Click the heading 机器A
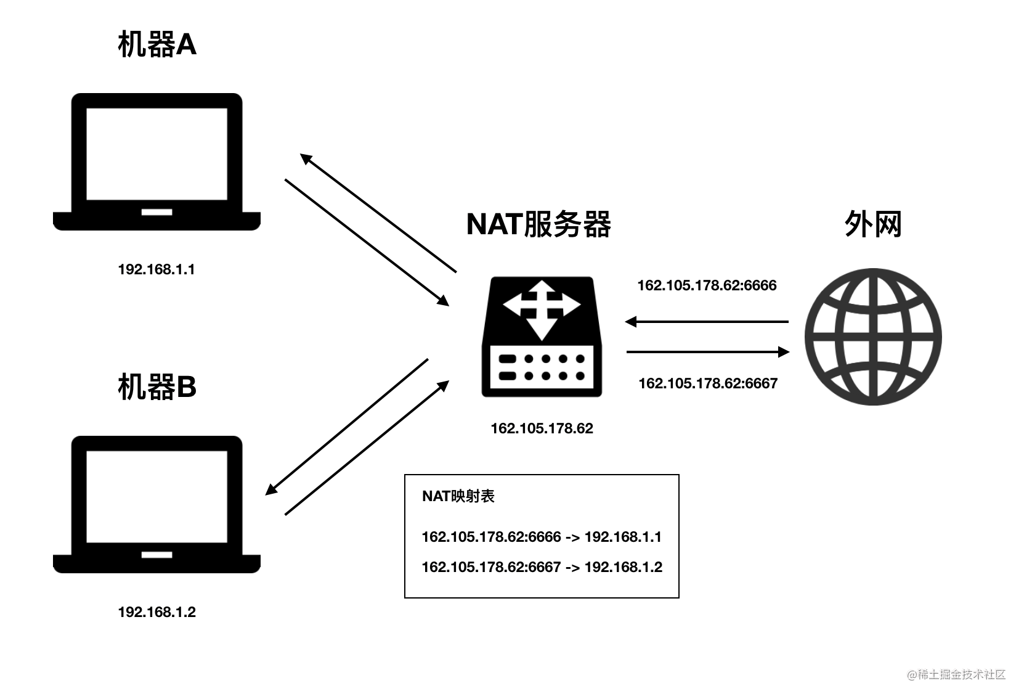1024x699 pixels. pos(157,45)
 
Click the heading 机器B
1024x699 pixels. pos(157,387)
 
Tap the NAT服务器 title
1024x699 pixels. pos(538,224)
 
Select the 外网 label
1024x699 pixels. pos(872,224)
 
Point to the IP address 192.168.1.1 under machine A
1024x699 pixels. pos(156,269)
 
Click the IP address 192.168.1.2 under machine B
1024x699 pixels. pos(156,612)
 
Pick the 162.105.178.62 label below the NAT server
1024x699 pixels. pos(542,428)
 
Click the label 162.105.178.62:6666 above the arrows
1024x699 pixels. pos(707,285)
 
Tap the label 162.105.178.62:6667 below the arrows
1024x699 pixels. pos(708,383)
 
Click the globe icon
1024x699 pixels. pos(873,337)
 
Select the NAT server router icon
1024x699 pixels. pos(542,337)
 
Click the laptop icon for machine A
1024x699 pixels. pos(156,161)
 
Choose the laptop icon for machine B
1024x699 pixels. pos(156,504)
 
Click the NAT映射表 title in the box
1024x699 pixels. pos(458,496)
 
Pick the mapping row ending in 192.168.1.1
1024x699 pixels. pos(542,537)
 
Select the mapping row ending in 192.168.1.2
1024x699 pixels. pos(542,567)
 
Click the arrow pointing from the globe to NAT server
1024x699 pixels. pos(707,321)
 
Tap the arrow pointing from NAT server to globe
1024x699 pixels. pos(708,352)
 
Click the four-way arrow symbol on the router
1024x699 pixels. pos(541,309)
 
